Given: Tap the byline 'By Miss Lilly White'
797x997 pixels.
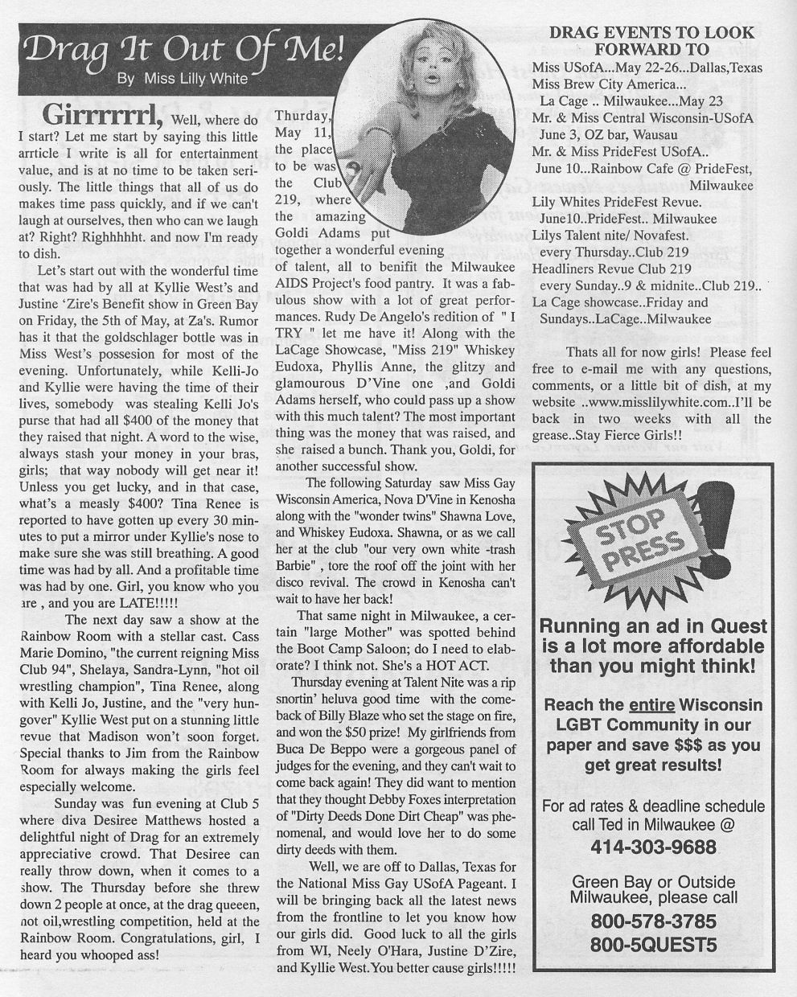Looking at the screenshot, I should click(x=183, y=79).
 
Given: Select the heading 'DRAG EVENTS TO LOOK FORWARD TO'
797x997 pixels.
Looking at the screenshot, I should click(x=651, y=41).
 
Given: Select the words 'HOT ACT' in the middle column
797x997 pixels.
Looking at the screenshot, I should click(x=467, y=665).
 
